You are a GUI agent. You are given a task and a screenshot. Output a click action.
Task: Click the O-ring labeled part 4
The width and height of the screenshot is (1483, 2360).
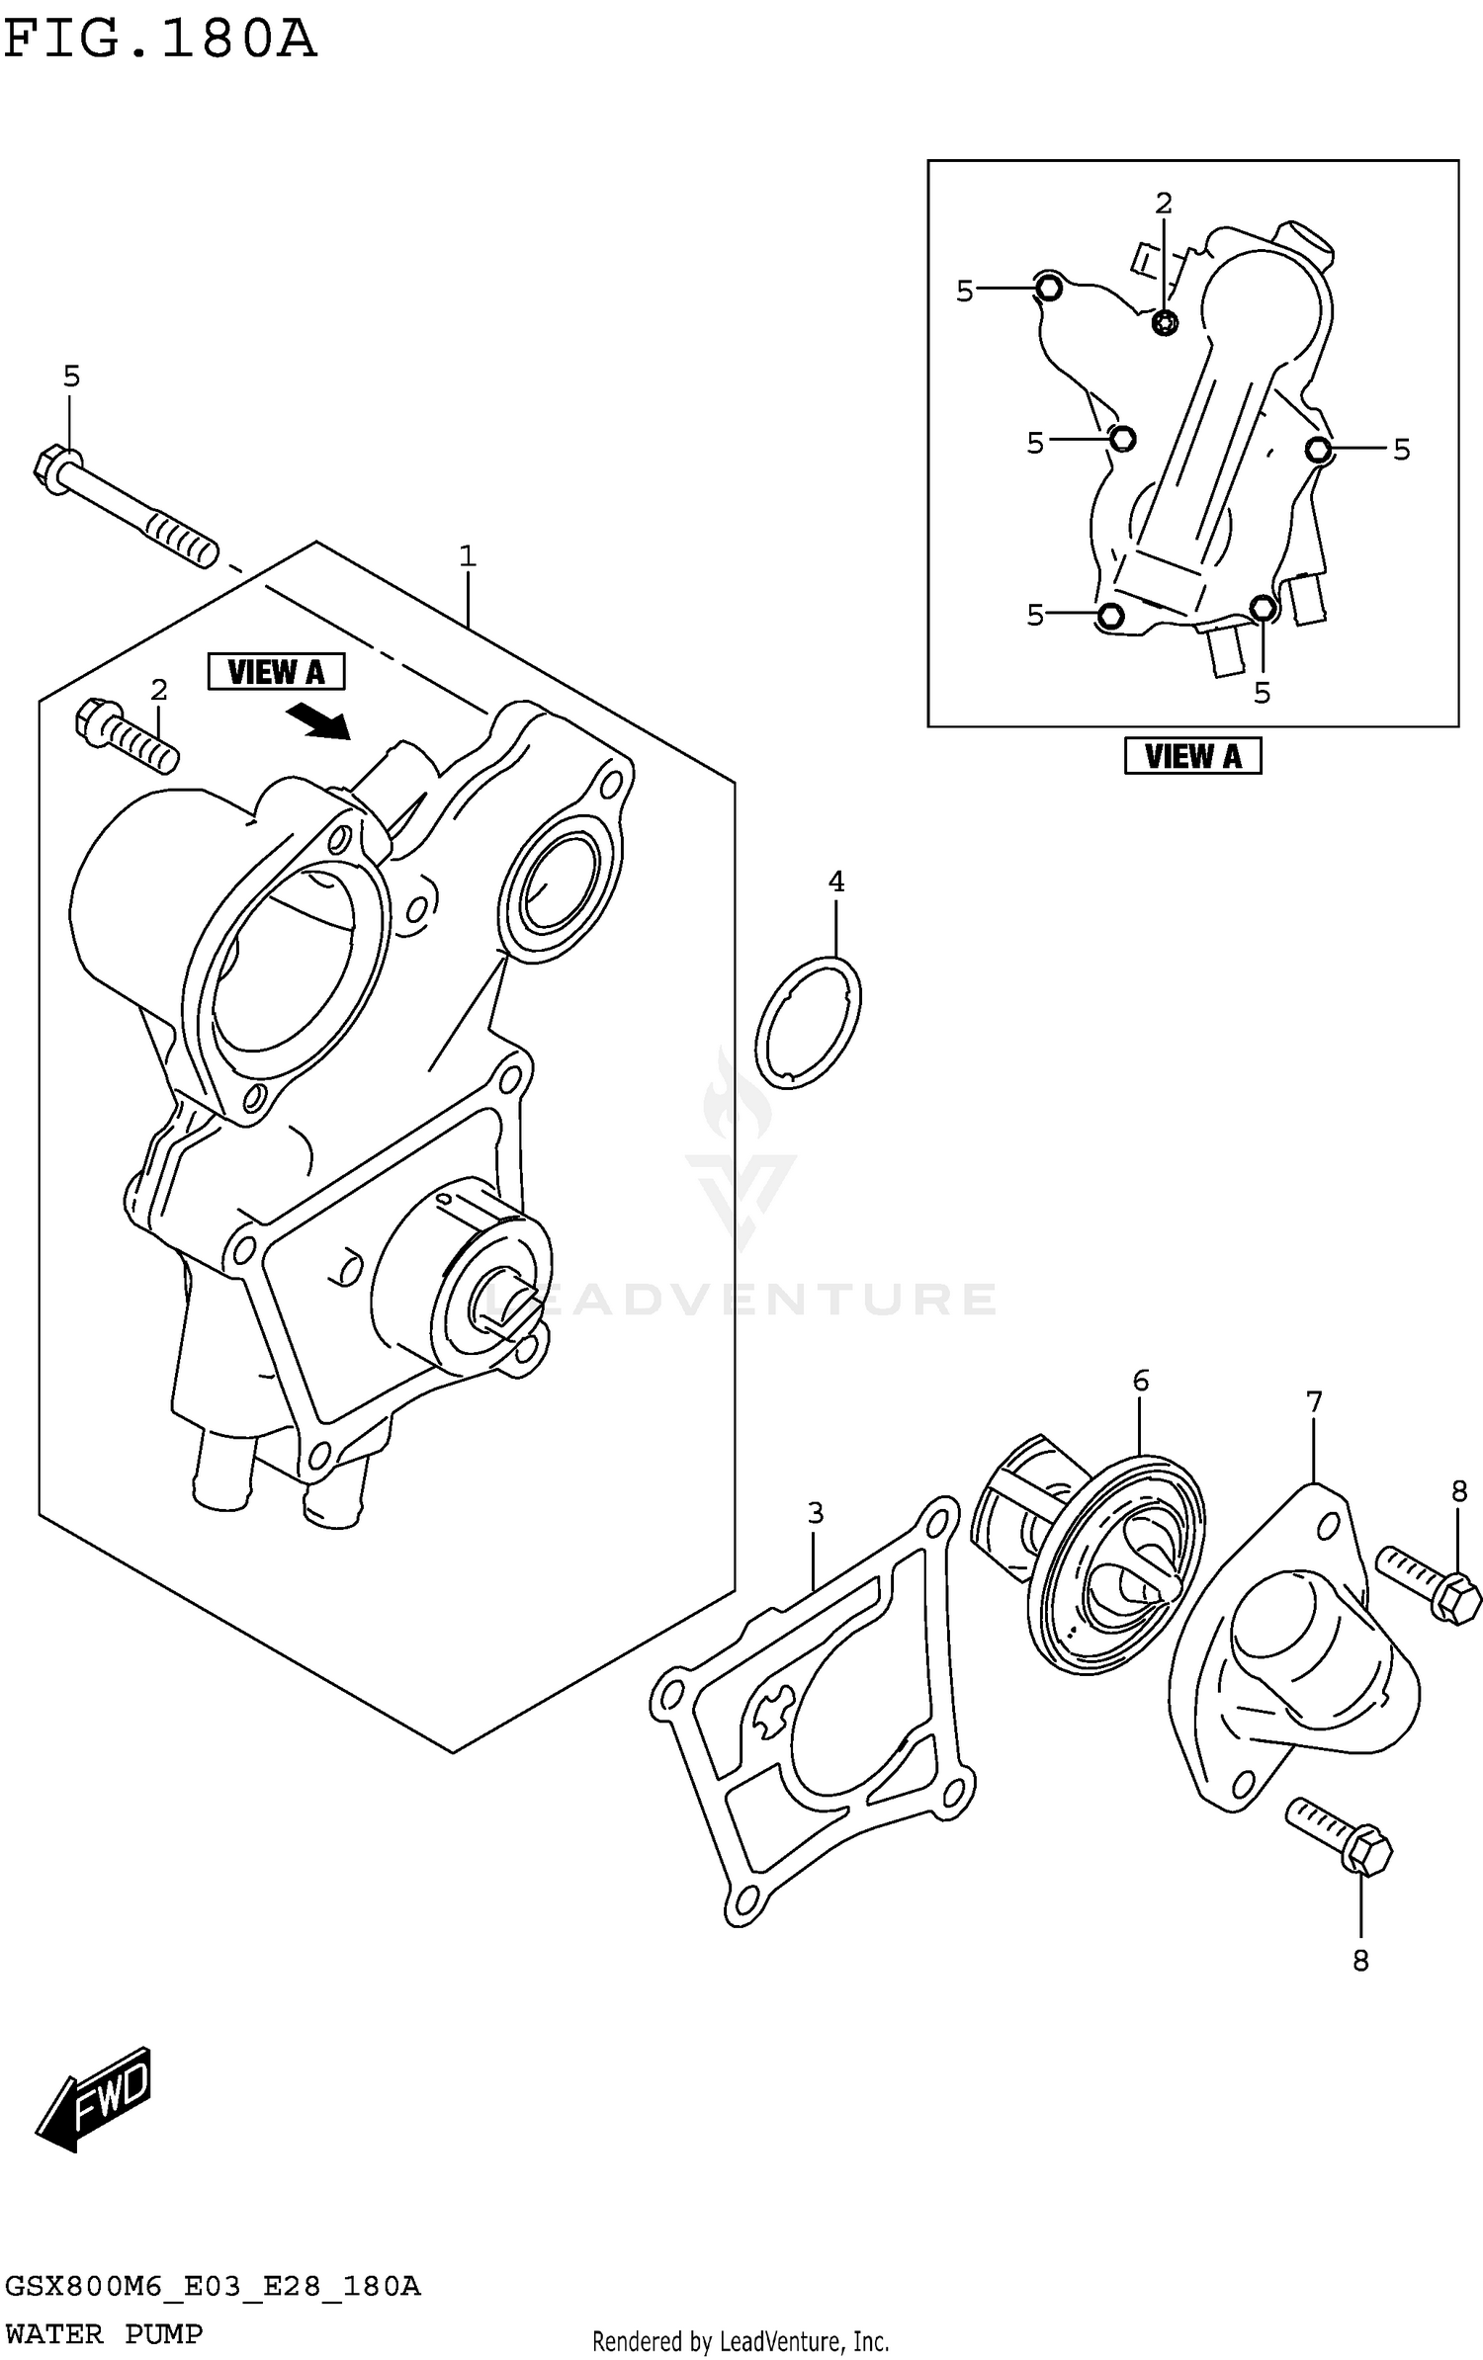[808, 1023]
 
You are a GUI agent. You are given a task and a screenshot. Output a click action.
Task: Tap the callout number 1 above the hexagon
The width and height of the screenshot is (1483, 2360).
[468, 556]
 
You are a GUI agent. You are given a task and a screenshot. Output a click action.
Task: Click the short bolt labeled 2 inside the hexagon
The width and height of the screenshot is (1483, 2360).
[129, 735]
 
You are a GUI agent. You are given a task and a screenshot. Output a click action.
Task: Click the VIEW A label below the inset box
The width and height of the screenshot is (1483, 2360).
[1192, 756]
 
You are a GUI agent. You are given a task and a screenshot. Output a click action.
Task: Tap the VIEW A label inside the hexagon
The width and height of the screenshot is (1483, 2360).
[276, 672]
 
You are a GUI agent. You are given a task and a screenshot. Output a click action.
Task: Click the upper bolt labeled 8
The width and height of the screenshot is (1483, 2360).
[1429, 1582]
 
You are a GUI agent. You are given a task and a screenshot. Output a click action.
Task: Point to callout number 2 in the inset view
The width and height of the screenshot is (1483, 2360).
[1164, 204]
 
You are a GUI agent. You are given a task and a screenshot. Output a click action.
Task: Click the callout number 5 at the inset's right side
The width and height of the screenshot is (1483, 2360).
[1401, 450]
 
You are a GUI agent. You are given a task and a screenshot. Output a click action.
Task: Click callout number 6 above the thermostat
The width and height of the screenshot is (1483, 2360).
[1140, 1381]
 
